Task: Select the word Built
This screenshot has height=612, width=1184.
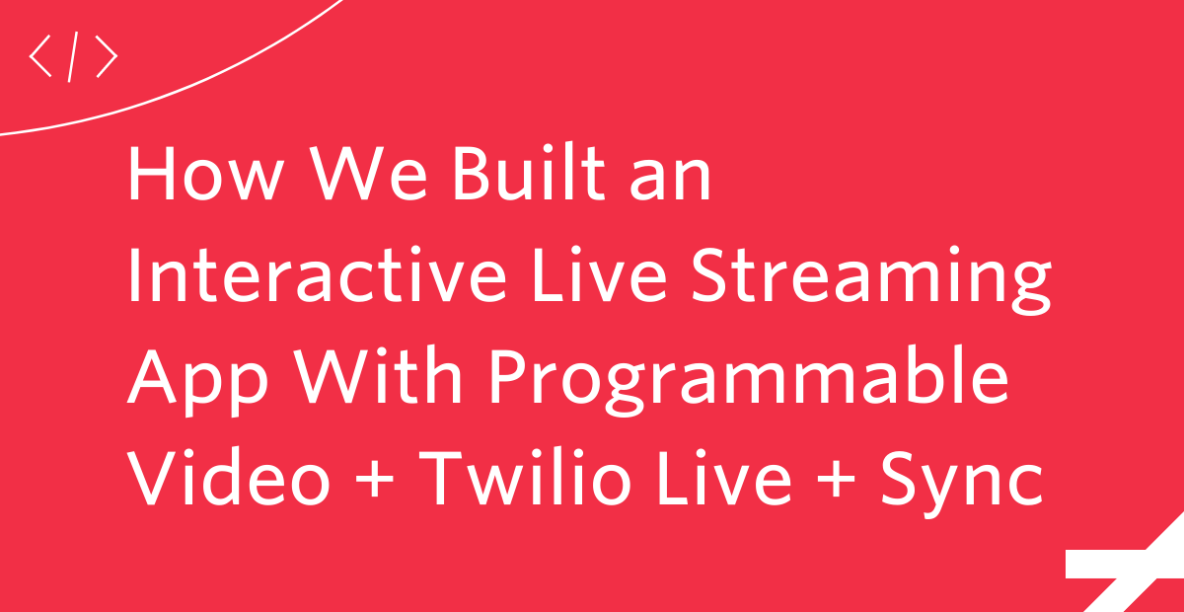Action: [x=529, y=172]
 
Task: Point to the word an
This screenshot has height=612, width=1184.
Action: [x=670, y=180]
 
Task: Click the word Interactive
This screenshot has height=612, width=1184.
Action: [x=317, y=273]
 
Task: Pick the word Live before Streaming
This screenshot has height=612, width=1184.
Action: [x=600, y=273]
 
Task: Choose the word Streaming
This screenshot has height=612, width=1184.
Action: [x=871, y=279]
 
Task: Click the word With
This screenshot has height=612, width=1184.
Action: [x=379, y=375]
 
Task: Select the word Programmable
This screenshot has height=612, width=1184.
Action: [x=750, y=381]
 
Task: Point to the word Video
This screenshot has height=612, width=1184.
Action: [x=229, y=477]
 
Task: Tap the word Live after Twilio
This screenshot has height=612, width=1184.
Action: [x=724, y=477]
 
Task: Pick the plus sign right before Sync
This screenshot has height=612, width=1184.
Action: [x=836, y=480]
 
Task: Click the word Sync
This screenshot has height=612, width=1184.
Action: [x=961, y=483]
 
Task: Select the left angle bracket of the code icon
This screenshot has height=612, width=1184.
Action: [x=40, y=56]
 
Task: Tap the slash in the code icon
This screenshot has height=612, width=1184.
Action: [x=73, y=56]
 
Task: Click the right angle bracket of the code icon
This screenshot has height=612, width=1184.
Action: [x=107, y=56]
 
